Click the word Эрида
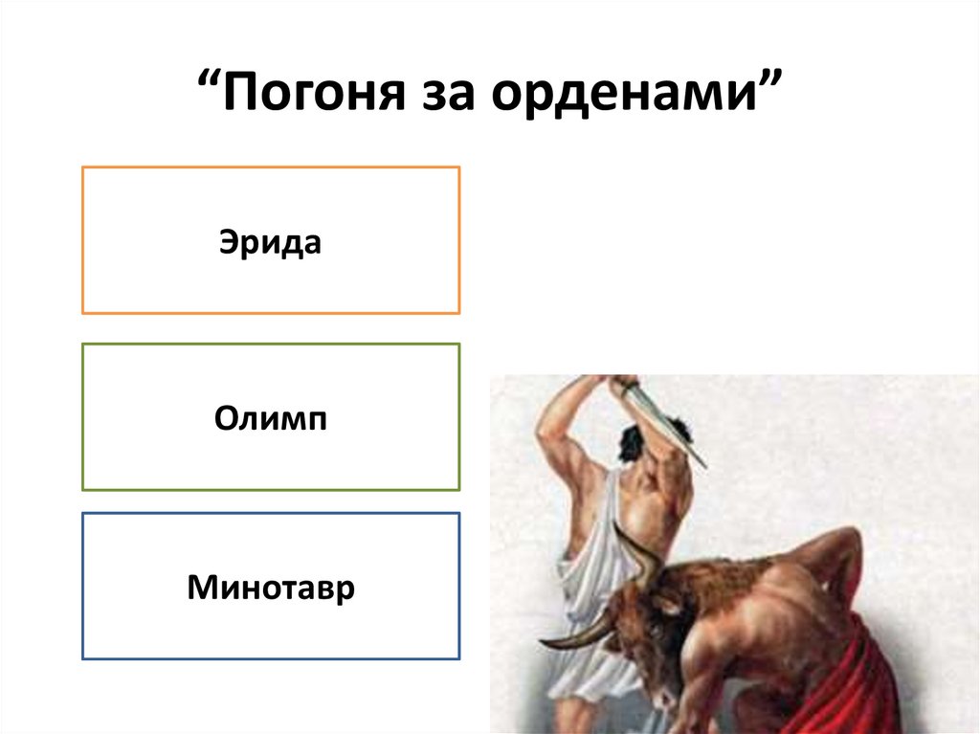tap(271, 241)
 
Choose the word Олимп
tap(271, 418)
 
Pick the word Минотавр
tap(271, 587)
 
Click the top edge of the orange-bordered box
tap(271, 167)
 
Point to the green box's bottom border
tap(271, 490)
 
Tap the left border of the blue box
tap(83, 586)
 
